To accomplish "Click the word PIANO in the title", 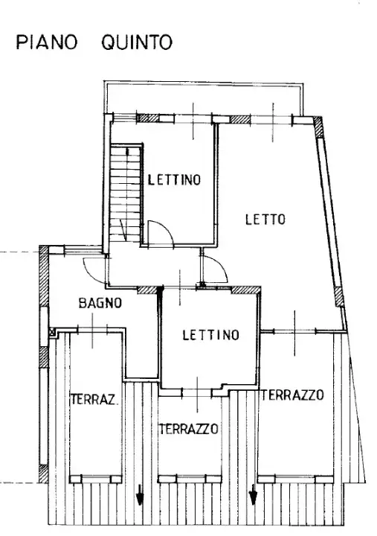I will (47, 42).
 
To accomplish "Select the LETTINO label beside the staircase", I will (174, 179).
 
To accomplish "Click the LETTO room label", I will (265, 219).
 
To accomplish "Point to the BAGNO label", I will (100, 303).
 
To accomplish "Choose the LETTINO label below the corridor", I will (211, 335).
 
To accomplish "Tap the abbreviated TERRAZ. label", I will (94, 400).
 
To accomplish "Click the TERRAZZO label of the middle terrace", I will (189, 429).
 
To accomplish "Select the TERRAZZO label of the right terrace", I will (294, 395).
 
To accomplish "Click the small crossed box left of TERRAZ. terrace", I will (51, 332).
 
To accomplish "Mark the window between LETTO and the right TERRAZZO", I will (294, 331).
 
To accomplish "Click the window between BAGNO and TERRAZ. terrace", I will (91, 330).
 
